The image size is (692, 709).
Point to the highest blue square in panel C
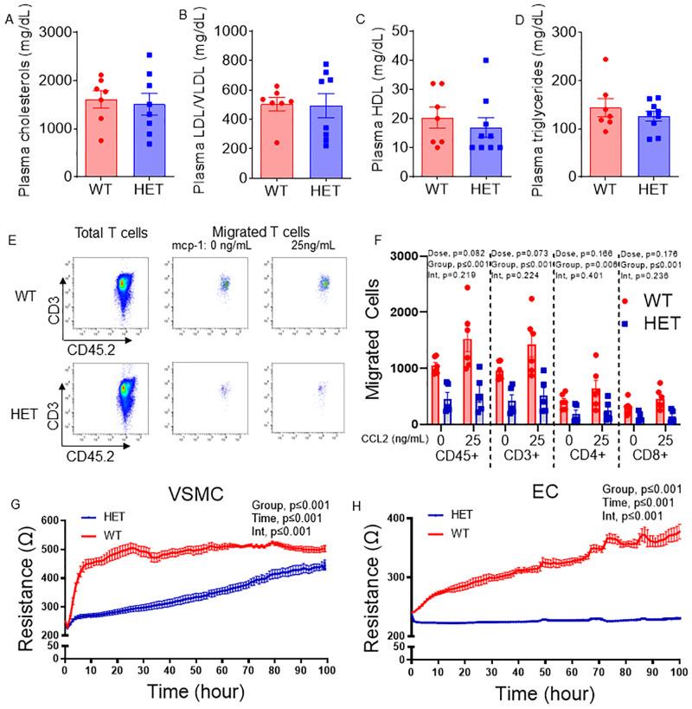pos(486,61)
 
